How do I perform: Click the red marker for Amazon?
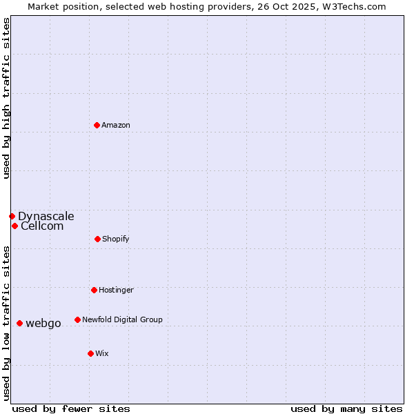(97, 125)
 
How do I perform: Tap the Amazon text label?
(116, 126)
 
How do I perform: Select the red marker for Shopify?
(97, 239)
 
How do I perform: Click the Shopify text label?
(116, 239)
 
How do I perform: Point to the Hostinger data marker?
(94, 290)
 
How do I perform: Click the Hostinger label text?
(116, 290)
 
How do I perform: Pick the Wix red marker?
(90, 353)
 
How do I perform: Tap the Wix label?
(102, 354)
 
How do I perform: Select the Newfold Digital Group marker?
(77, 319)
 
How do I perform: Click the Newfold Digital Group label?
(122, 320)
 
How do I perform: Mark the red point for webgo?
(19, 323)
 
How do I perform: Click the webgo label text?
(43, 324)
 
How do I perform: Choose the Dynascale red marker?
(12, 216)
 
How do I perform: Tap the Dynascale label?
(46, 217)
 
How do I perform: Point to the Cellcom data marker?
(14, 226)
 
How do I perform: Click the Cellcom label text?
(42, 226)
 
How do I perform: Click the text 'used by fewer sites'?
(70, 408)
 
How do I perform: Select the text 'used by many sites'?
(346, 408)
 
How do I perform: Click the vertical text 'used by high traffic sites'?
(6, 98)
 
